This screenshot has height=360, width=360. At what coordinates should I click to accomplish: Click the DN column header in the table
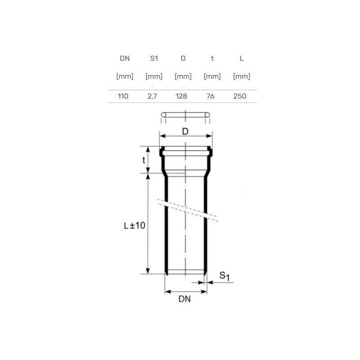(x=125, y=58)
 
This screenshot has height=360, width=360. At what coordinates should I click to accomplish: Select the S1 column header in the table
(x=154, y=58)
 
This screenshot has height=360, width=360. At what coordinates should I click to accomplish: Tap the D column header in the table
(x=183, y=58)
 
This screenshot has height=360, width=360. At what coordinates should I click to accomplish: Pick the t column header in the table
(x=212, y=58)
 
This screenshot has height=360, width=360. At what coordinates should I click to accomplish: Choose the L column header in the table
(x=242, y=58)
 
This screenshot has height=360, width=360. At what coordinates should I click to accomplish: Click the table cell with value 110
(x=123, y=96)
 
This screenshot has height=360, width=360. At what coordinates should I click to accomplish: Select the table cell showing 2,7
(x=152, y=96)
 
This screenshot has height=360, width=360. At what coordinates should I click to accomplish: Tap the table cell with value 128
(x=181, y=96)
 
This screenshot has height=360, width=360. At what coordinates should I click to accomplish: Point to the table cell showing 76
(x=210, y=96)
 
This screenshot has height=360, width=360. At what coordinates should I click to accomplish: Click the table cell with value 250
(x=240, y=96)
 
